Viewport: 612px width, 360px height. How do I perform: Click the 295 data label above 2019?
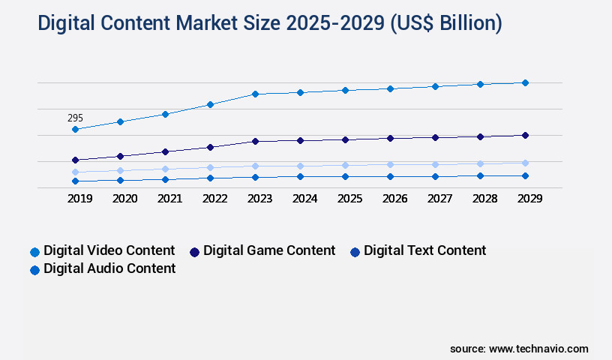75,118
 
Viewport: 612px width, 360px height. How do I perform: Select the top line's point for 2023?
255,94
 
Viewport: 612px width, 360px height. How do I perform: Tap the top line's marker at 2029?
525,82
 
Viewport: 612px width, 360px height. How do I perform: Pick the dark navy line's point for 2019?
75,160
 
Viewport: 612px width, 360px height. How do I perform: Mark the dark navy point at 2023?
255,141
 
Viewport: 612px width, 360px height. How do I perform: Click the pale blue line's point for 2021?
165,169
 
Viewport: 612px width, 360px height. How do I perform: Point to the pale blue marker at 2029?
525,163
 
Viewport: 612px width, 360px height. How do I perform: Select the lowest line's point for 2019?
75,181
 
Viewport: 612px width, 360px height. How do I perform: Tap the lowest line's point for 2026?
390,176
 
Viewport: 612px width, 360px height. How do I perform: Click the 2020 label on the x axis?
124,199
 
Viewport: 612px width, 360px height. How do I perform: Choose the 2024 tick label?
304,199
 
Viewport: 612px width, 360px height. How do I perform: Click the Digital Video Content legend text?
109,250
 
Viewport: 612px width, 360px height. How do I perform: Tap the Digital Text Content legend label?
424,250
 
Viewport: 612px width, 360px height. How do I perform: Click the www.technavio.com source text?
538,349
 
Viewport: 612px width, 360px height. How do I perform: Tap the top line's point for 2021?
165,114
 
